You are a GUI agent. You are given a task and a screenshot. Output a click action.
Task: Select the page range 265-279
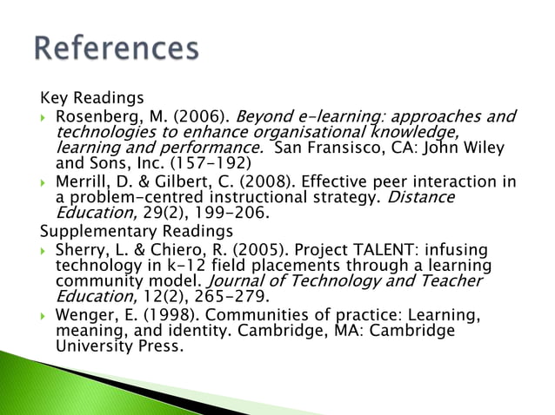pos(204,297)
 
